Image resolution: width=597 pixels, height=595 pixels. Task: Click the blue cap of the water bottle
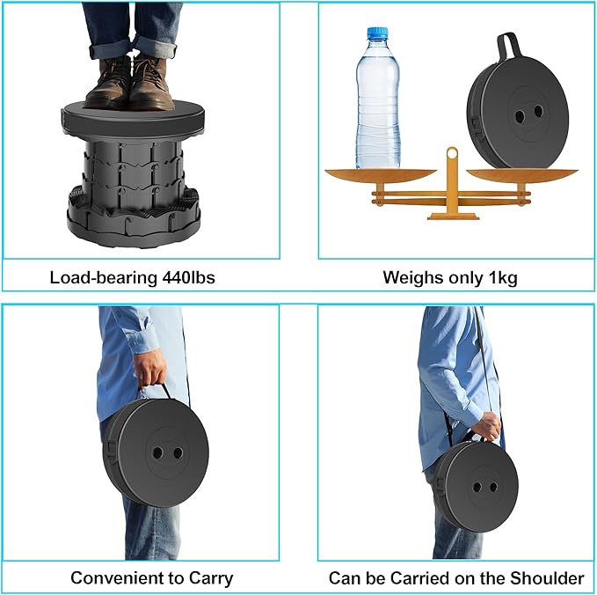click(377, 34)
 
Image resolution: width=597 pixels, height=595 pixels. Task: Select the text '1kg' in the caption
click(502, 278)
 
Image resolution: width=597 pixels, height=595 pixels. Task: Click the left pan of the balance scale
click(380, 174)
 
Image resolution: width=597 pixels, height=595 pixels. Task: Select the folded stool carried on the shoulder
click(479, 485)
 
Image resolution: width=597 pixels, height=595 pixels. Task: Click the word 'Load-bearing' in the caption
click(104, 278)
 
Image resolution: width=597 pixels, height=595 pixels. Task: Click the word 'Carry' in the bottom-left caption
click(212, 578)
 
